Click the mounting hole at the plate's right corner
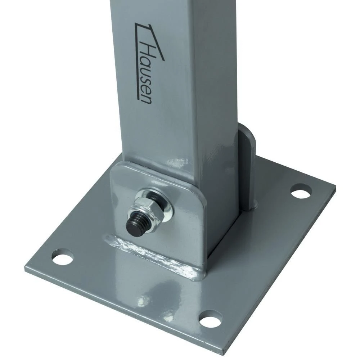click(x=300, y=190)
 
